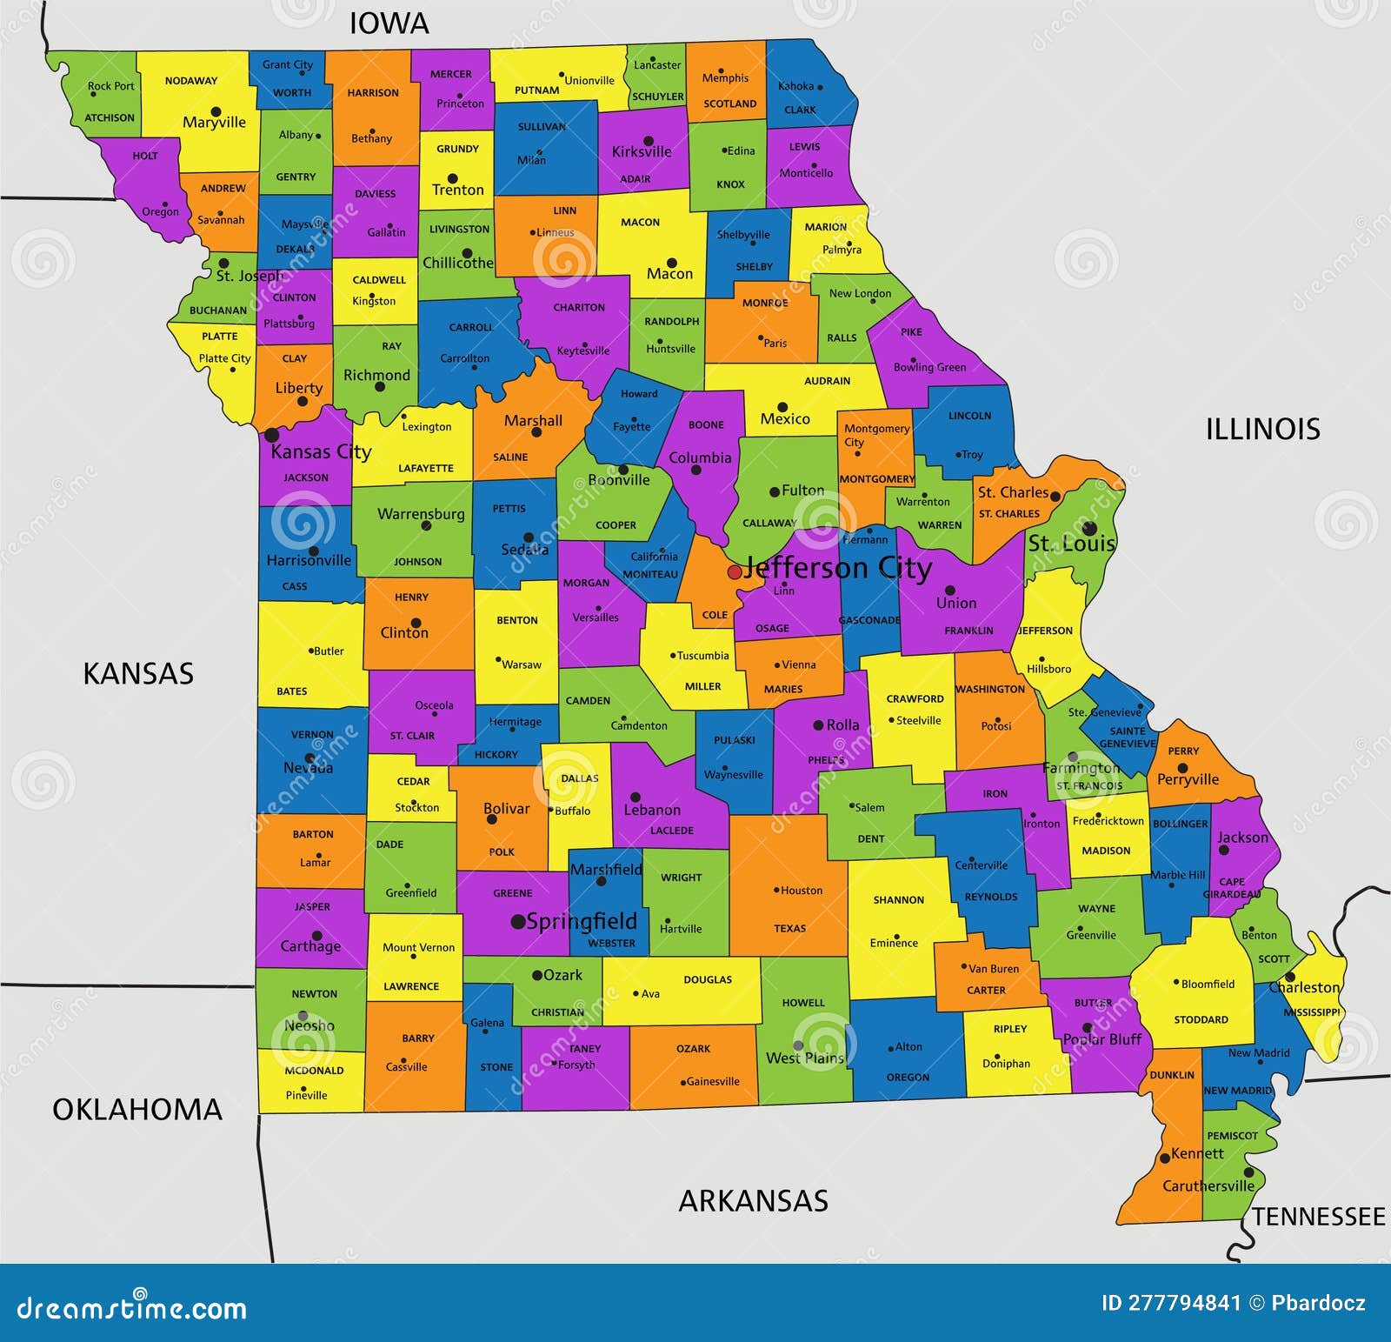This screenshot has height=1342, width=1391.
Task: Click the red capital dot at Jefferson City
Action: click(735, 571)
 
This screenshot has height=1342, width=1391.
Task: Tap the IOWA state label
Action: click(389, 23)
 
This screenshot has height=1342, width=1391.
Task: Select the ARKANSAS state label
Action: click(753, 1201)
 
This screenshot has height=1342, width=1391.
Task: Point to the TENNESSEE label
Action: click(1318, 1216)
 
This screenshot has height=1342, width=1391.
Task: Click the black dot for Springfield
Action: click(518, 921)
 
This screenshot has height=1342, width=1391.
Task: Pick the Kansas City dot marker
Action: click(272, 435)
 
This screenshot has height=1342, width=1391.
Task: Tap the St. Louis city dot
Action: click(1089, 528)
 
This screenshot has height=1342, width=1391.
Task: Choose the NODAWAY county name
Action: click(191, 81)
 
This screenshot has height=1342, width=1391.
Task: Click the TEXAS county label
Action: click(789, 928)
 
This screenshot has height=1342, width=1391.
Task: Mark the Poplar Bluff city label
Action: click(1101, 1039)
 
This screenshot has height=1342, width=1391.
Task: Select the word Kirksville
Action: click(642, 151)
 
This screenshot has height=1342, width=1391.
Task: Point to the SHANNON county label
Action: click(898, 900)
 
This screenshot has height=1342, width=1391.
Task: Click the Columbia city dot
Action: click(695, 471)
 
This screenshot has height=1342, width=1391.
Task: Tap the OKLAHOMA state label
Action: click(137, 1109)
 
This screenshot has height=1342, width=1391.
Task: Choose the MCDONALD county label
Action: click(314, 1071)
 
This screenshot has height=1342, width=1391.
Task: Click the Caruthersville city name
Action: click(1208, 1186)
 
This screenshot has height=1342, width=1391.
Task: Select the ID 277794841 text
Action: click(1171, 1303)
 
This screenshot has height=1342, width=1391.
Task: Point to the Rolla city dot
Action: click(818, 725)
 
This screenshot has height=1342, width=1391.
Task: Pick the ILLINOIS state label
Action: click(1262, 429)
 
